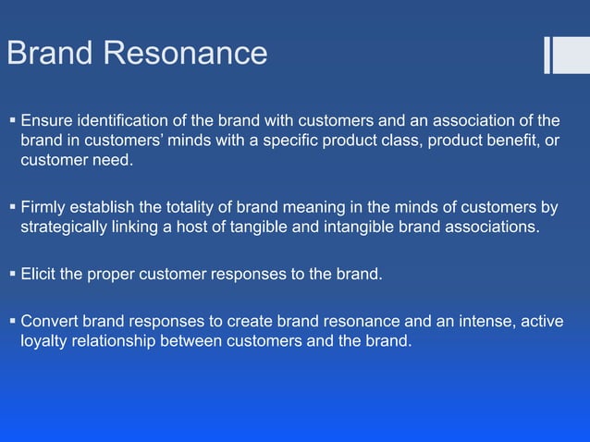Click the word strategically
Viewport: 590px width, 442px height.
click(x=69, y=228)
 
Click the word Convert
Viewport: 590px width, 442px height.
click(x=51, y=321)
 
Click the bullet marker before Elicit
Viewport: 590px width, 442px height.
click(x=11, y=274)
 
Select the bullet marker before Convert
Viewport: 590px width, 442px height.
click(x=11, y=321)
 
